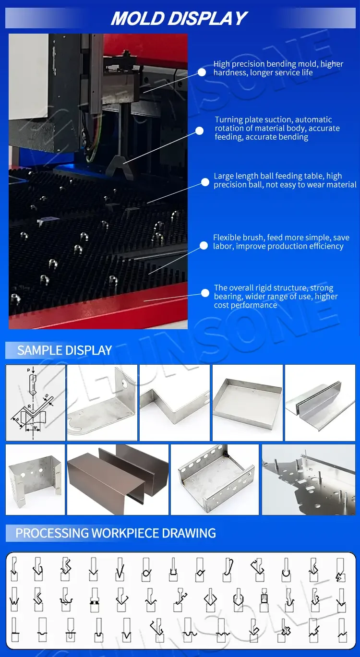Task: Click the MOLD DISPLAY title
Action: (179, 18)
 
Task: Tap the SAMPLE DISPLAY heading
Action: (64, 350)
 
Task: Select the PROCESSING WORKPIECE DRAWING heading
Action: (116, 533)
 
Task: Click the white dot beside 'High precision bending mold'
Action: (202, 72)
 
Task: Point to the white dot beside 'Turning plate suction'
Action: (199, 131)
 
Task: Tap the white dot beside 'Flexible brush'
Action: (204, 245)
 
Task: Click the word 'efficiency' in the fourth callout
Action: (327, 246)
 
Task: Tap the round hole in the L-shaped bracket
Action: (124, 383)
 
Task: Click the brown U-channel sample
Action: (118, 479)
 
